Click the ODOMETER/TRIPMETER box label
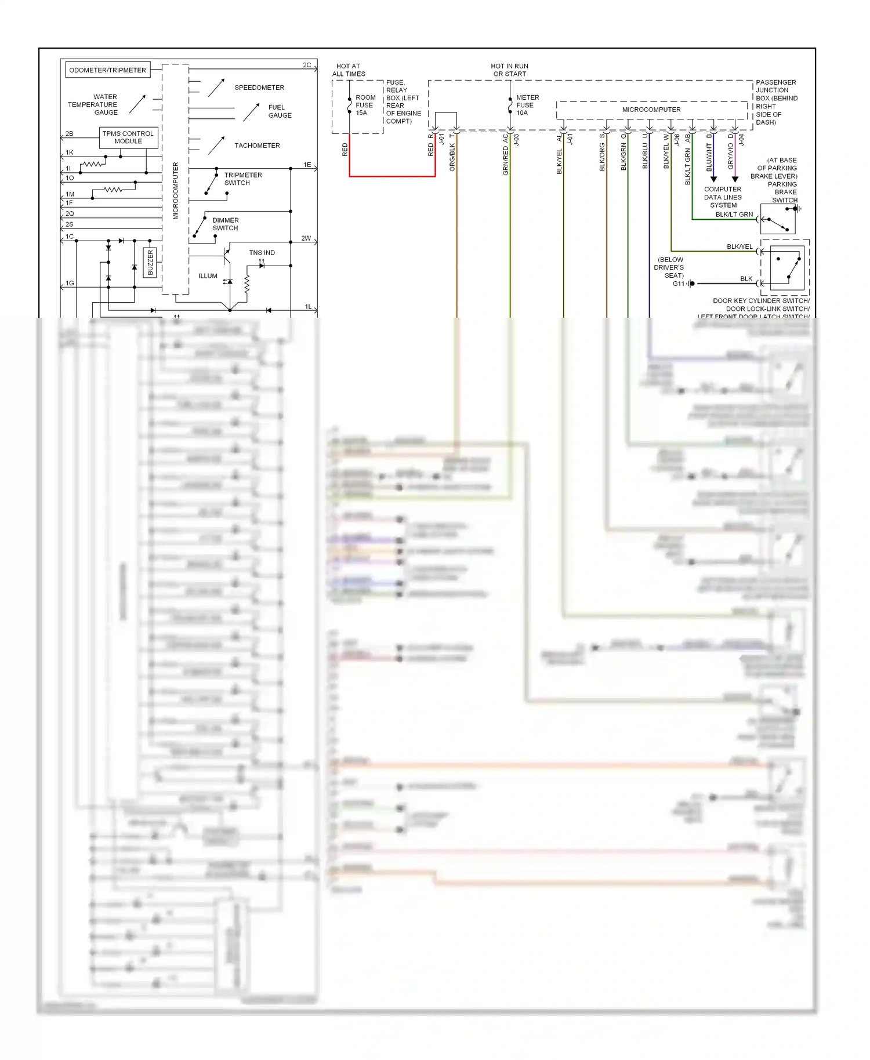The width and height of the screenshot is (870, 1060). (x=108, y=70)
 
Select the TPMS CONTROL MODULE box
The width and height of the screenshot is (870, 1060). (x=128, y=137)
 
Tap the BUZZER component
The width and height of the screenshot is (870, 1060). (x=150, y=263)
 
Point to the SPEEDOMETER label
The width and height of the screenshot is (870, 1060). (x=259, y=88)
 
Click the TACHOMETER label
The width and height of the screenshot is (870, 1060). (x=257, y=146)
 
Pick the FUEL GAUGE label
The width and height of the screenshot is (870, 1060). (x=280, y=111)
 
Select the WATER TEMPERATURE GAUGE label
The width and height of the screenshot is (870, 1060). (x=93, y=105)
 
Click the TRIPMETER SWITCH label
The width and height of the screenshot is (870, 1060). (x=243, y=179)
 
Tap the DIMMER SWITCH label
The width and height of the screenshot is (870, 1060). (x=225, y=224)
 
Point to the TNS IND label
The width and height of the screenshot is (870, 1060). (x=262, y=253)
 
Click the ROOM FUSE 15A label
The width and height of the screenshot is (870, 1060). (x=365, y=105)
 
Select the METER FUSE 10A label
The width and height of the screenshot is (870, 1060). (x=527, y=105)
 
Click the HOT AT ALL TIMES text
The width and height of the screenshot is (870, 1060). (x=349, y=70)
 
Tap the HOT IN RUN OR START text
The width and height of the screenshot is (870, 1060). (x=509, y=70)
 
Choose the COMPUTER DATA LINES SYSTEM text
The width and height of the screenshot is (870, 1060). (x=723, y=197)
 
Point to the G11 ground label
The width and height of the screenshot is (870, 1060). (x=678, y=284)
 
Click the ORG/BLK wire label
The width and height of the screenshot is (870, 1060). (x=452, y=157)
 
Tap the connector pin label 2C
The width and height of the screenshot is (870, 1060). (x=307, y=65)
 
